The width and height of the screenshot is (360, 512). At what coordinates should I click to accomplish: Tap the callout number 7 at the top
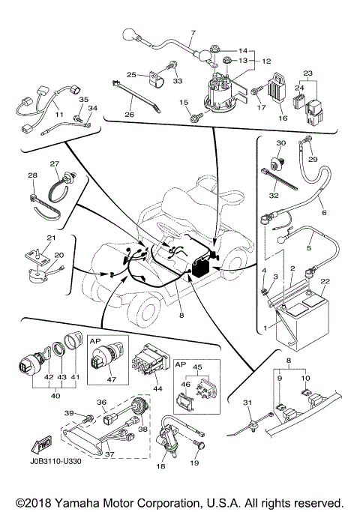[x=192, y=34]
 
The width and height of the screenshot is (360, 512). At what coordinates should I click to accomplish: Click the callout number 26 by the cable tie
[x=130, y=115]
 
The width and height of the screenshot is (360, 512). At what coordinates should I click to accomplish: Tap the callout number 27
[x=54, y=164]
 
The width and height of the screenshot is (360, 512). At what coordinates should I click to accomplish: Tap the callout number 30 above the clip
[x=281, y=142]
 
